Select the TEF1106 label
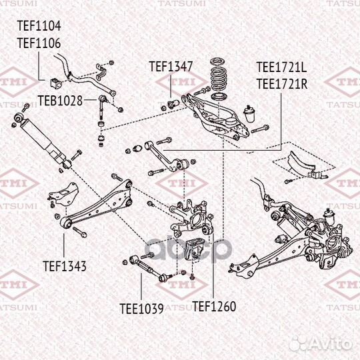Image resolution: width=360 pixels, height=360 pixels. click(39, 43)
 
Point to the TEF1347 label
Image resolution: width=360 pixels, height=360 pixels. click(171, 67)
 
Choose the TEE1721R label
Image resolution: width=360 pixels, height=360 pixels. click(281, 83)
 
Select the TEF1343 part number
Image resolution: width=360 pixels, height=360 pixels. click(65, 266)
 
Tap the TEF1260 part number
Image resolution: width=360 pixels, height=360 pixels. click(214, 307)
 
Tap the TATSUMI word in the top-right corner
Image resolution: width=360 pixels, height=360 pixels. click(337, 3)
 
